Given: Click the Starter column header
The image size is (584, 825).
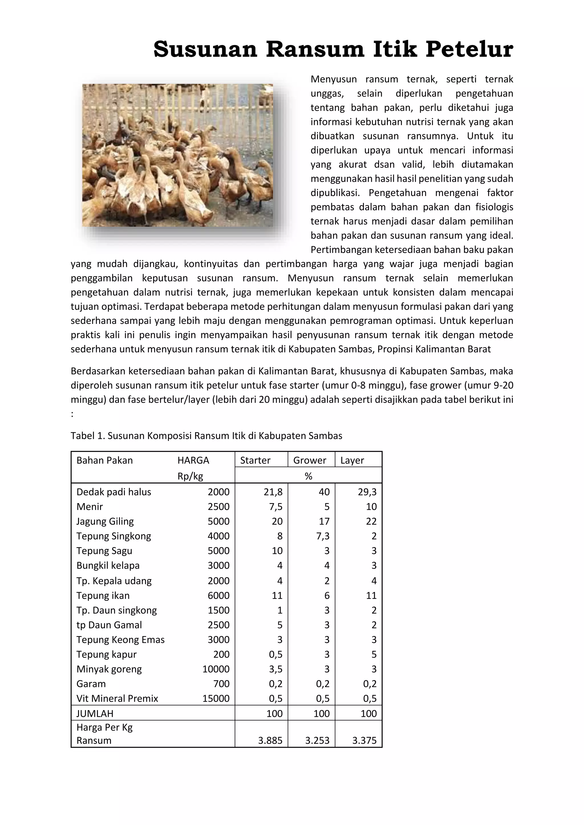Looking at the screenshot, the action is pyautogui.click(x=255, y=460).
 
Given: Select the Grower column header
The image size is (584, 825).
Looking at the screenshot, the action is pyautogui.click(x=310, y=460).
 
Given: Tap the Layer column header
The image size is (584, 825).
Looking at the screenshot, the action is pyautogui.click(x=352, y=460).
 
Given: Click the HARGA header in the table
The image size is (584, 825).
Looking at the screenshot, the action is pyautogui.click(x=193, y=460).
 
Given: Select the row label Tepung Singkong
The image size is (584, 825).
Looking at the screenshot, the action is pyautogui.click(x=114, y=536).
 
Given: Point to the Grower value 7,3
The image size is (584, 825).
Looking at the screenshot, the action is pyautogui.click(x=323, y=536).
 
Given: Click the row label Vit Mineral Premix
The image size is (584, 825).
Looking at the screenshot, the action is pyautogui.click(x=117, y=699).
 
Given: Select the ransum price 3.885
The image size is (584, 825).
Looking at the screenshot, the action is pyautogui.click(x=270, y=741).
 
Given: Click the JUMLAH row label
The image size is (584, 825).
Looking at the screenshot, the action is pyautogui.click(x=95, y=714).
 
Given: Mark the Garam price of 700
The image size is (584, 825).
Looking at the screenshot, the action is pyautogui.click(x=221, y=684).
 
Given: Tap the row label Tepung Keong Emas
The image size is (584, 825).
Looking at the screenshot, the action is pyautogui.click(x=120, y=640).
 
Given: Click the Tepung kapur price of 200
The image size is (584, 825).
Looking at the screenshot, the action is pyautogui.click(x=221, y=654).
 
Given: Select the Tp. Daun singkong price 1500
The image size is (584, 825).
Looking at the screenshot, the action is pyautogui.click(x=218, y=610).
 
